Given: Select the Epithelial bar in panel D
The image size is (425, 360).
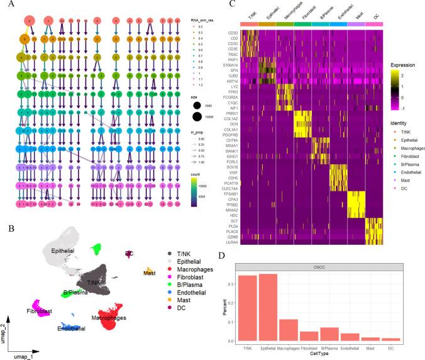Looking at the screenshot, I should pos(268,308).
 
